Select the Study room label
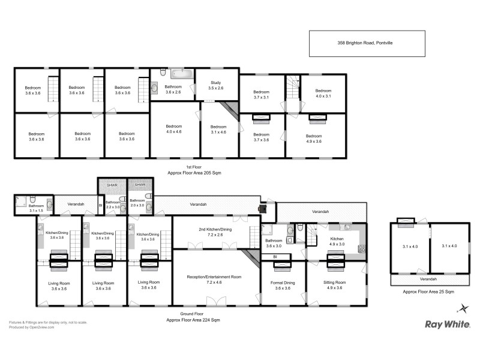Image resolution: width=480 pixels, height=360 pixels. [x=215, y=86]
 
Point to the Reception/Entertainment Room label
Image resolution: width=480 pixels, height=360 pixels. [x=214, y=280]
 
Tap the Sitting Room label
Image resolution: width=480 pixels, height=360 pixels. [x=335, y=285]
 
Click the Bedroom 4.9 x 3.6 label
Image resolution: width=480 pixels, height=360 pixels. [x=314, y=139]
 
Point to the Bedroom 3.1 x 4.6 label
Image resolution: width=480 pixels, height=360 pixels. [x=218, y=130]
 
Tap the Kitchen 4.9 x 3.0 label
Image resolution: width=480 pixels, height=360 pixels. [x=336, y=241]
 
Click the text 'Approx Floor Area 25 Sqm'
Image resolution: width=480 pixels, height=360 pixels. [x=428, y=292]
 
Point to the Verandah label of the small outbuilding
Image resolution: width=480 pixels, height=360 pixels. [x=428, y=279]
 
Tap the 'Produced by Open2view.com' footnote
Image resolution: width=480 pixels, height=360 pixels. [x=32, y=328]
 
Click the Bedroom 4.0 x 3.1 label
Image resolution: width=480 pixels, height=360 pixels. [x=323, y=93]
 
